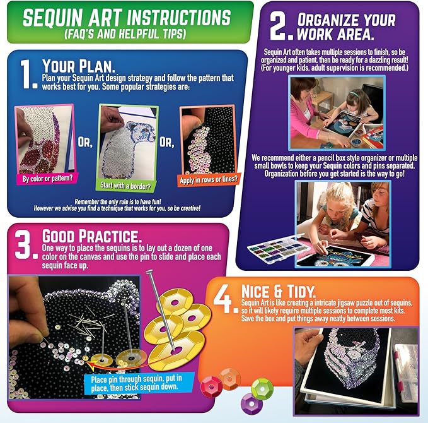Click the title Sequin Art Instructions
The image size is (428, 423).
(126, 17)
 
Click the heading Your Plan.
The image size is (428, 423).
(79, 65)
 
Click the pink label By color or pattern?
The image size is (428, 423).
(45, 179)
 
